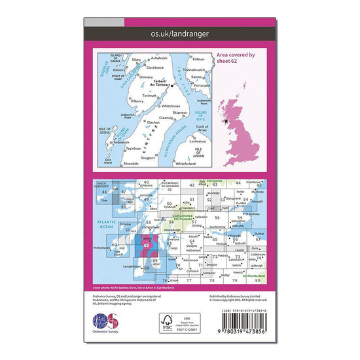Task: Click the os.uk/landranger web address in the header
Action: [x=180, y=32]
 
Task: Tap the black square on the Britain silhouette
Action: [x=226, y=120]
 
